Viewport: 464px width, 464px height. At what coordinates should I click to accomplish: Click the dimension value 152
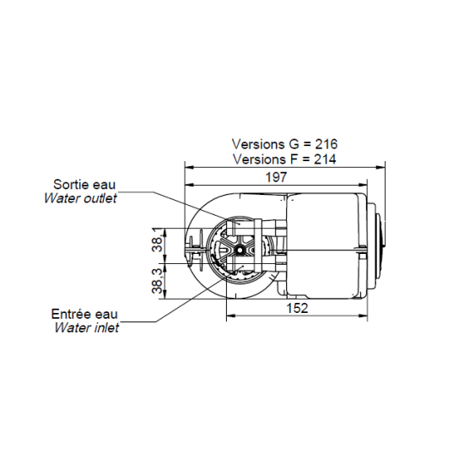coord(297,308)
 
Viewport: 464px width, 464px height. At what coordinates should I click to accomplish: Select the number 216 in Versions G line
coord(326,144)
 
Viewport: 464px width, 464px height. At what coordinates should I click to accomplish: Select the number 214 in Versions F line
coord(326,159)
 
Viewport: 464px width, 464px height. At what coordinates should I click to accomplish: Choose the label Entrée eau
coord(85,314)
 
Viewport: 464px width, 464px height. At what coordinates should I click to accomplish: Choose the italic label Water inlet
coord(86,328)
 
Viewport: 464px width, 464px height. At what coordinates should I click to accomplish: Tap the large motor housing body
coord(325,246)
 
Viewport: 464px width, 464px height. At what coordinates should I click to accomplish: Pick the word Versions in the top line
coord(256,144)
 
